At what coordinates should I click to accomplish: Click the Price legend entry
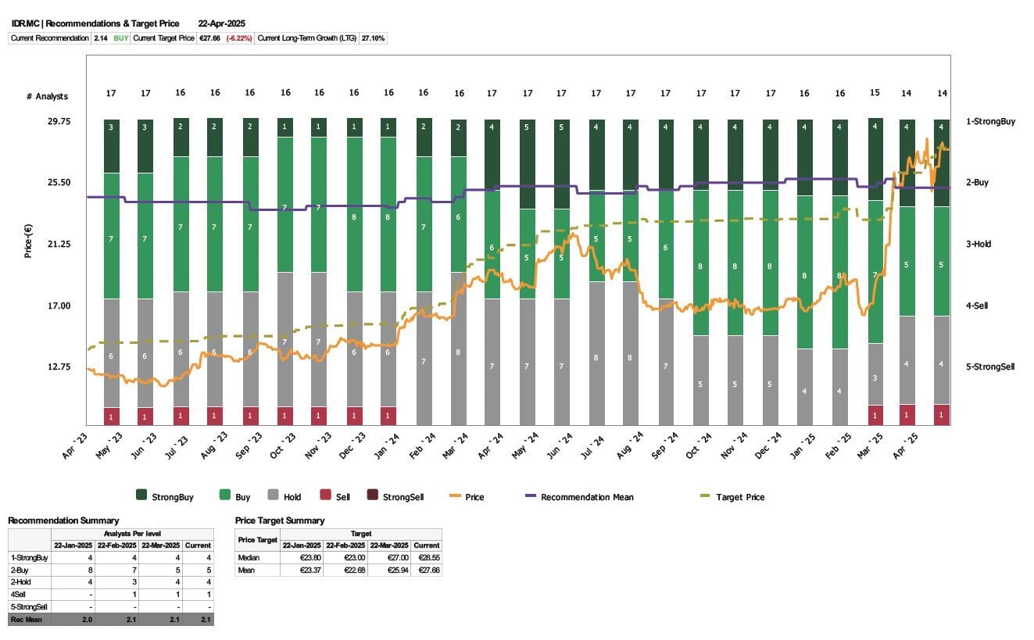click(x=474, y=497)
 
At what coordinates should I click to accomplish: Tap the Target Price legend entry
click(x=739, y=497)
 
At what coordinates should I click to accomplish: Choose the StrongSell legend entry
click(x=402, y=497)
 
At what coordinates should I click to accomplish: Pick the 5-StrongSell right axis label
click(x=989, y=366)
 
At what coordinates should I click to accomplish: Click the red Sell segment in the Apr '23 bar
click(x=111, y=417)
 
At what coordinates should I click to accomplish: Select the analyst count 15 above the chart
click(x=875, y=93)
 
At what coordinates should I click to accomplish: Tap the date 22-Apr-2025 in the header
click(x=222, y=23)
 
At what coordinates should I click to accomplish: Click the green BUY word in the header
click(x=121, y=38)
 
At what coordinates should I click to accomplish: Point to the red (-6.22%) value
click(x=239, y=38)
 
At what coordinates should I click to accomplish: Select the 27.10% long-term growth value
click(x=372, y=38)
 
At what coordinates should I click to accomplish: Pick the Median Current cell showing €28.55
click(x=426, y=558)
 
